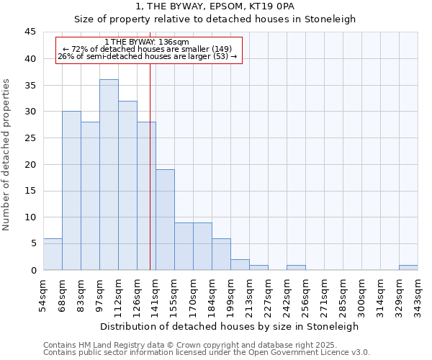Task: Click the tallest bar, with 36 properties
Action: click(109, 175)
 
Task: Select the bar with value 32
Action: click(127, 186)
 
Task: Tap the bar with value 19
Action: click(165, 220)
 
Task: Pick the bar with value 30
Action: click(71, 191)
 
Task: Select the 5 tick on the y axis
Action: click(33, 243)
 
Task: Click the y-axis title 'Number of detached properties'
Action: click(7, 155)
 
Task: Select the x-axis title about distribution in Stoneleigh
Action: click(230, 326)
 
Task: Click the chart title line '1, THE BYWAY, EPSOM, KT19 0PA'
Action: click(215, 6)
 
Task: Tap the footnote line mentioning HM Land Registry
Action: click(190, 346)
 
